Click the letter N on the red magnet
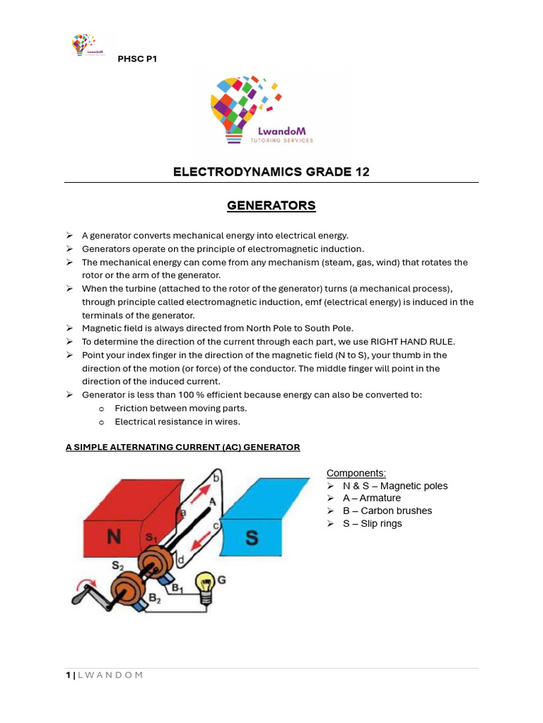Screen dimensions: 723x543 [x=113, y=538]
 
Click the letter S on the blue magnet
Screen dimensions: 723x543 [x=252, y=539]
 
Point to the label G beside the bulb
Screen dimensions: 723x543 [x=221, y=580]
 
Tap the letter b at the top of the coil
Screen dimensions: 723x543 [x=216, y=478]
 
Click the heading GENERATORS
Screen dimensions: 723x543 [x=271, y=205]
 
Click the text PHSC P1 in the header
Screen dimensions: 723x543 [x=137, y=59]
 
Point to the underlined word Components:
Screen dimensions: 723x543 [x=356, y=472]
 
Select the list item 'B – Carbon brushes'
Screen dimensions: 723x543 [x=387, y=510]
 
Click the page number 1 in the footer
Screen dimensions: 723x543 [x=68, y=675]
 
